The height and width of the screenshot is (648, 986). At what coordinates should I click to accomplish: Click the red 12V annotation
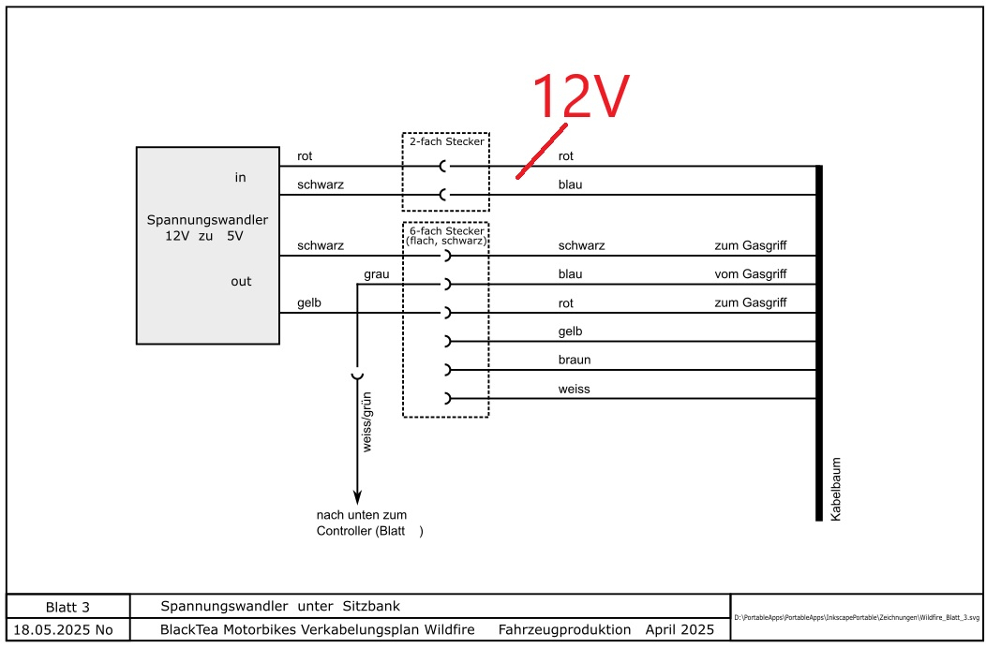(579, 96)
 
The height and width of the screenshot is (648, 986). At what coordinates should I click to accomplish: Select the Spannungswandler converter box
(208, 245)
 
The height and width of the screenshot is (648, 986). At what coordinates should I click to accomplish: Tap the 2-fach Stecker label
(446, 141)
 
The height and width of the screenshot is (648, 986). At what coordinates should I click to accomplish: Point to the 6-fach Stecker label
(446, 234)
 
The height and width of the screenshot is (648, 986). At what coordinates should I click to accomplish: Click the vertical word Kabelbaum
(836, 488)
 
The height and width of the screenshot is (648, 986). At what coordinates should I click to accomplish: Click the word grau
(377, 274)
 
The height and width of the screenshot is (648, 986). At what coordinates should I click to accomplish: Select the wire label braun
(575, 360)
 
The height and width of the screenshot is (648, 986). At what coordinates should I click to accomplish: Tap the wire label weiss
(574, 389)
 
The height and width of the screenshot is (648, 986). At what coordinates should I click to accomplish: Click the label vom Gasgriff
(750, 274)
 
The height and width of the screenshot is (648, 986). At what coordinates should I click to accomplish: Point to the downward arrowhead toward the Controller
(356, 497)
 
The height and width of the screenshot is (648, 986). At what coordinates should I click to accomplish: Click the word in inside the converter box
(240, 177)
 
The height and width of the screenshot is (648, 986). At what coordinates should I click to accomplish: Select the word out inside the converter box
(241, 281)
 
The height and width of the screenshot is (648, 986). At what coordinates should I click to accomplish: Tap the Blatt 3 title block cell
(68, 607)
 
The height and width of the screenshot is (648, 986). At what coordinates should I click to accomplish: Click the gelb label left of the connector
(310, 303)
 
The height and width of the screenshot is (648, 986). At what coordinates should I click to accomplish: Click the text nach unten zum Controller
(367, 523)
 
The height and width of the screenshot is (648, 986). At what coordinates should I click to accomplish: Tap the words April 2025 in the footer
(680, 629)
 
